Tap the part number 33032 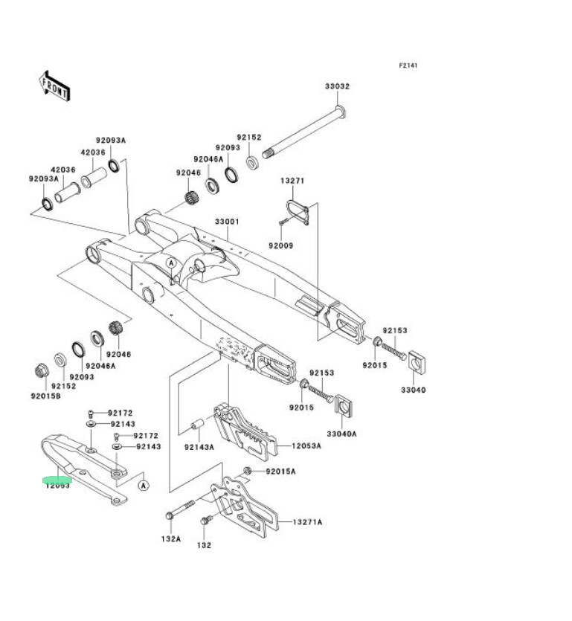coord(336,86)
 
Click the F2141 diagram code coord(408,65)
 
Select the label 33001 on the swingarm coord(227,222)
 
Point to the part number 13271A coord(307,522)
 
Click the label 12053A coord(306,445)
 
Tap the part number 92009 coord(281,245)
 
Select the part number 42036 coord(93,152)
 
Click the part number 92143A coord(199,447)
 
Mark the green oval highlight coord(57,480)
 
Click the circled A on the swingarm coord(171,263)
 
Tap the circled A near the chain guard coord(143,485)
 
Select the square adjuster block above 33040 coord(418,362)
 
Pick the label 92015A coord(280,472)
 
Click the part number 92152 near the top coord(249,138)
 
